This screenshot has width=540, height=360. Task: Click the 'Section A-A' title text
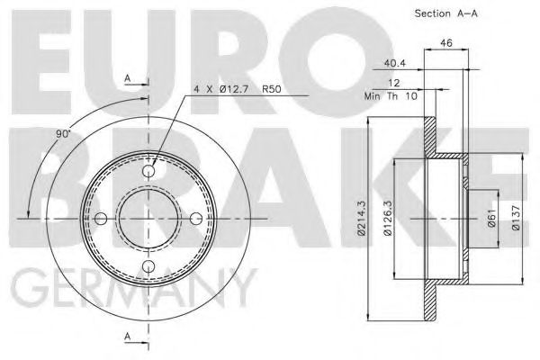point(445,13)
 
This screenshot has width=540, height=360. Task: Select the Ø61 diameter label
point(492,219)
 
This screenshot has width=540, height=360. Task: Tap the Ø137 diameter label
point(515,219)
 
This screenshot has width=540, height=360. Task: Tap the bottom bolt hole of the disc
point(149,265)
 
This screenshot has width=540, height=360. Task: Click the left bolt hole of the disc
point(102,218)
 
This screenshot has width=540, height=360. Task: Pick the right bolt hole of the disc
point(196,218)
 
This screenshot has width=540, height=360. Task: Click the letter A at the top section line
point(129,79)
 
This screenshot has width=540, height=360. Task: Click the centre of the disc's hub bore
point(149,218)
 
